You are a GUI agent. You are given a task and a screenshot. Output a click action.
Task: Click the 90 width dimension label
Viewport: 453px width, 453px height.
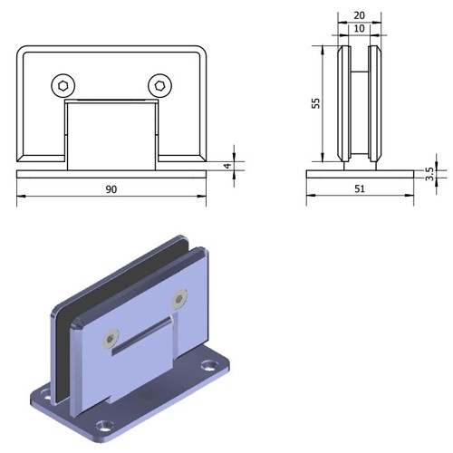pyautogui.click(x=111, y=189)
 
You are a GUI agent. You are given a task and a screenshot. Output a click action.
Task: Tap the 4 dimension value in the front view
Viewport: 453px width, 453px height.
pyautogui.click(x=228, y=166)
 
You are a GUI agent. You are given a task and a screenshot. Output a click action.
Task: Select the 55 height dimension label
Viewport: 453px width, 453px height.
pyautogui.click(x=316, y=103)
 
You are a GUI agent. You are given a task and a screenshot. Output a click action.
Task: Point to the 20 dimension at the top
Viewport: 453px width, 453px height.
pyautogui.click(x=359, y=15)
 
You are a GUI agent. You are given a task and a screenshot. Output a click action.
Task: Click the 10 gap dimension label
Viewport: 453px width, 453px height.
pyautogui.click(x=359, y=29)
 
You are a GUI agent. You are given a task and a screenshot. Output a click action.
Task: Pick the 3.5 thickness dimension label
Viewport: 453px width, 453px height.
pyautogui.click(x=429, y=174)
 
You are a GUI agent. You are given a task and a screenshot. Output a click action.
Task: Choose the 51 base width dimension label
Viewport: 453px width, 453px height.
pyautogui.click(x=360, y=189)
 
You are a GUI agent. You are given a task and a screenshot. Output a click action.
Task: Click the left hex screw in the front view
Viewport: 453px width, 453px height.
pyautogui.click(x=63, y=86)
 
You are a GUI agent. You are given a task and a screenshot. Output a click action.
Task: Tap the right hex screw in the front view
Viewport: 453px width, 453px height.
pyautogui.click(x=160, y=86)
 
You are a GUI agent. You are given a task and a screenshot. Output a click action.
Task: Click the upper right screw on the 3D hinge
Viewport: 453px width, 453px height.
pyautogui.click(x=179, y=299)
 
